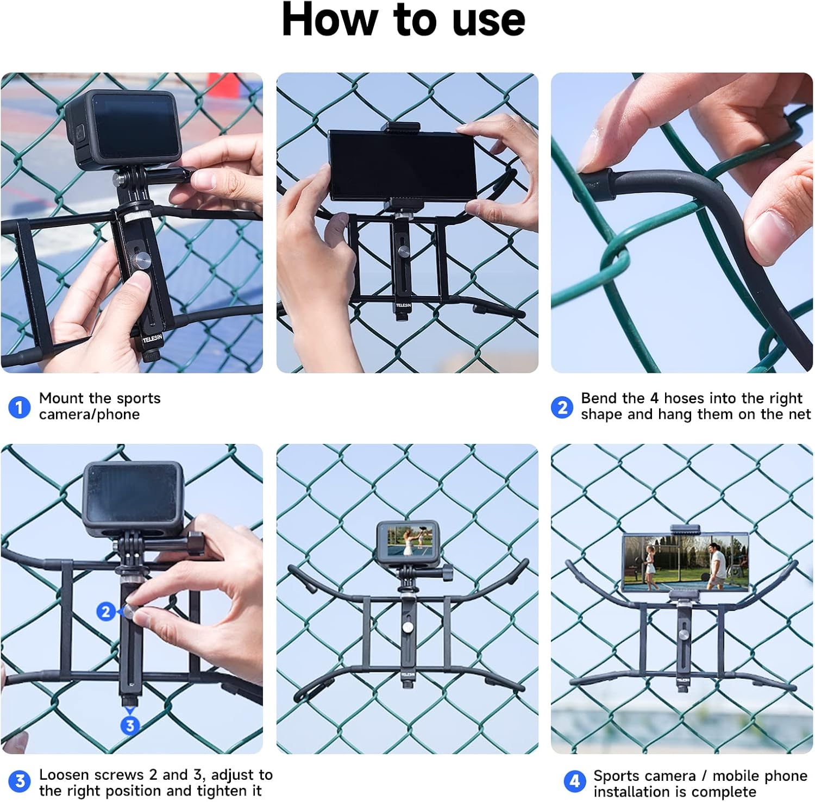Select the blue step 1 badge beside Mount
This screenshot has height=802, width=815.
(20, 407)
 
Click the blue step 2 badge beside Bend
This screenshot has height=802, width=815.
(562, 407)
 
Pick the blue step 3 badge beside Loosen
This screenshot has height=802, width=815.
(20, 781)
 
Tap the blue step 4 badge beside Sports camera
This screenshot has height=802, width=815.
(575, 782)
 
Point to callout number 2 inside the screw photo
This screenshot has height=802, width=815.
(106, 612)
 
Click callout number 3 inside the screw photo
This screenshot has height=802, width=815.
(129, 725)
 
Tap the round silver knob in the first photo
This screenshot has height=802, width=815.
(142, 259)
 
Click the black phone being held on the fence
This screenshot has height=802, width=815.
(402, 166)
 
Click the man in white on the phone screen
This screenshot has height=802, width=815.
(717, 566)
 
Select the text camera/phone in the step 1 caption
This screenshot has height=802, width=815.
(89, 415)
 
